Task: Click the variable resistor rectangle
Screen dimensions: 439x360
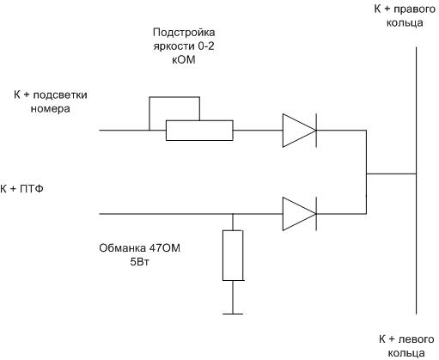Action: (x=199, y=131)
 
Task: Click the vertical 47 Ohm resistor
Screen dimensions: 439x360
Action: (x=233, y=255)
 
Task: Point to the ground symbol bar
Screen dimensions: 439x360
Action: (x=233, y=314)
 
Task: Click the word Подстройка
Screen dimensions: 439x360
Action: (x=184, y=33)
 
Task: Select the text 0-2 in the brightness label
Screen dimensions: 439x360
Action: (x=205, y=46)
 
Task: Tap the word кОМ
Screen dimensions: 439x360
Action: (x=184, y=59)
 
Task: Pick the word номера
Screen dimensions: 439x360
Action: (x=50, y=109)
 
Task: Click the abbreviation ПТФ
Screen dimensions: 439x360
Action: (x=32, y=189)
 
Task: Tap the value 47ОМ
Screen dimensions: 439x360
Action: (x=164, y=248)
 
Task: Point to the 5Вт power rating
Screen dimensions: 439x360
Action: (x=139, y=262)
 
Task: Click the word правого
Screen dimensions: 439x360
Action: (x=415, y=9)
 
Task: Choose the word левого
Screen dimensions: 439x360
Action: (x=417, y=339)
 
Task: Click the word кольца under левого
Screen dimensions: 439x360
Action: (x=406, y=353)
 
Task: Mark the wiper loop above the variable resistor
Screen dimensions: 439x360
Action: (x=174, y=97)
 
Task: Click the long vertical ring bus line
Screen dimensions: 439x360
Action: (x=416, y=180)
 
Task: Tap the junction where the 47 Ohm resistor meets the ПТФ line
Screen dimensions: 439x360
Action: (x=233, y=214)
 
